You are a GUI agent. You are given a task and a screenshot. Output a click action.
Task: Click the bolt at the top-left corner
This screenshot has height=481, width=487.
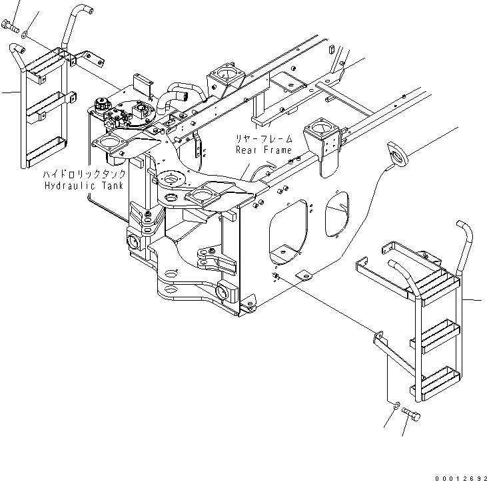(10, 26)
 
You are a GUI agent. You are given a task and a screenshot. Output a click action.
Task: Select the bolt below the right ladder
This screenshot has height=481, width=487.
(411, 413)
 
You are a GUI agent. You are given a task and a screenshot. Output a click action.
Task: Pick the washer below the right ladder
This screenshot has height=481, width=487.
(396, 405)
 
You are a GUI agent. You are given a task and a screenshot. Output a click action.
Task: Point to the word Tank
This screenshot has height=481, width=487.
(113, 186)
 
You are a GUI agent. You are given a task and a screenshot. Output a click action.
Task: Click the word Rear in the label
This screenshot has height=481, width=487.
(246, 150)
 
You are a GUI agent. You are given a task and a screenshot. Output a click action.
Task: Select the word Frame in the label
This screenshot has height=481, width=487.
(278, 150)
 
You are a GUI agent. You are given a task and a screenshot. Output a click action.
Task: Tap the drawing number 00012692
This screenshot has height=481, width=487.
(461, 478)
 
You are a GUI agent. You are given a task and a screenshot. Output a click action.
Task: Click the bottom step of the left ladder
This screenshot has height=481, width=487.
(46, 152)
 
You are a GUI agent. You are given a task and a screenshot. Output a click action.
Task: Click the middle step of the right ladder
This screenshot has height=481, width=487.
(436, 336)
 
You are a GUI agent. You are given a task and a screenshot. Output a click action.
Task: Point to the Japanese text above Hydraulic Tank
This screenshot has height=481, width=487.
(84, 174)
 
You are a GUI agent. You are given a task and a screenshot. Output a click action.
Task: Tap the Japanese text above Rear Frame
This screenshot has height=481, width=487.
(264, 138)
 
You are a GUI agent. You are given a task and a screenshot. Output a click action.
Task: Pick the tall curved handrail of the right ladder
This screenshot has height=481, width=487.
(465, 247)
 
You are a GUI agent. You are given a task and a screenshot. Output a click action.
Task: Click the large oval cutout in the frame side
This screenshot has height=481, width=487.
(288, 232)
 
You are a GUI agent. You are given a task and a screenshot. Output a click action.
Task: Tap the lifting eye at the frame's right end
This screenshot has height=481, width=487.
(398, 154)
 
